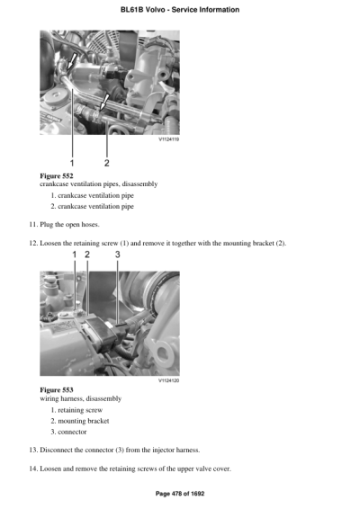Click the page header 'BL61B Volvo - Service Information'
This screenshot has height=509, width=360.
(x=179, y=10)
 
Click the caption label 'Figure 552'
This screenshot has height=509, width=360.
(x=58, y=174)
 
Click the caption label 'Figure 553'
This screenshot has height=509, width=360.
(x=58, y=389)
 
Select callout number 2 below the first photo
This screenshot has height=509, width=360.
(x=107, y=162)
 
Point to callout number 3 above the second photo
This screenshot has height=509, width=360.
(x=117, y=255)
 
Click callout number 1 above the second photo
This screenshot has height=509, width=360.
(x=75, y=255)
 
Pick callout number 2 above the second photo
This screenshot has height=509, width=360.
(x=87, y=255)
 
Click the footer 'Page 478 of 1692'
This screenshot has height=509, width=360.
(x=179, y=494)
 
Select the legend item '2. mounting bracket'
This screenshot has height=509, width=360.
(x=80, y=420)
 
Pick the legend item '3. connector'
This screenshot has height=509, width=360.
(x=71, y=432)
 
